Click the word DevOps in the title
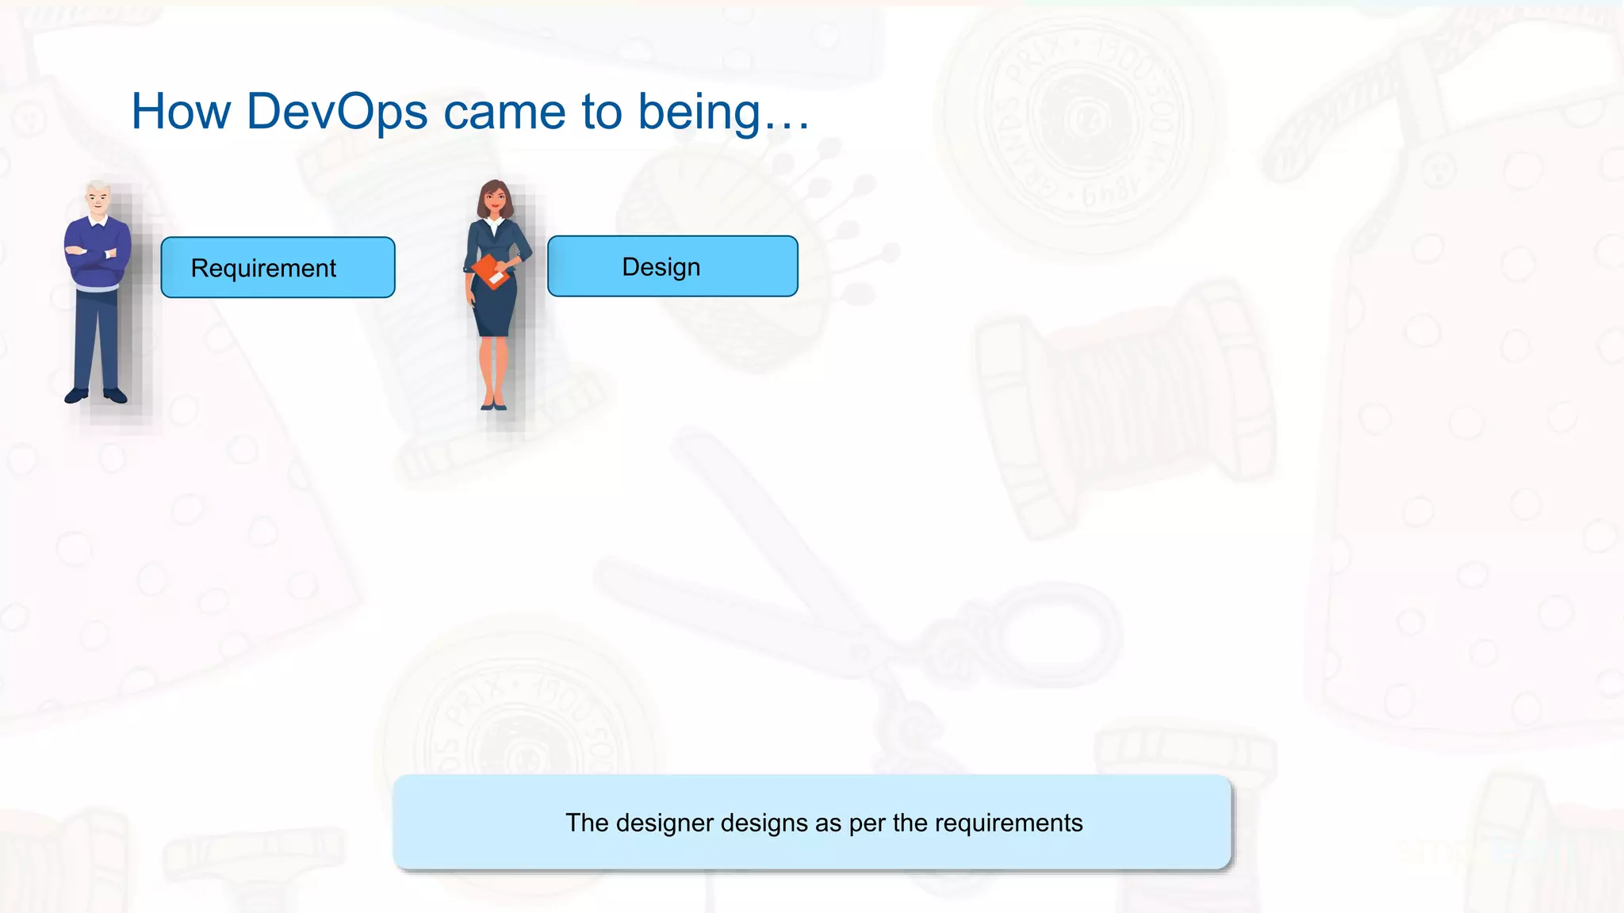[x=337, y=111]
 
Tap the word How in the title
[x=181, y=111]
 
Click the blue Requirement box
[x=278, y=268]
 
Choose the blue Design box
[x=672, y=266]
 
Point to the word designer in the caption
[x=665, y=823]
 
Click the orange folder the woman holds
[x=492, y=272]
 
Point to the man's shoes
[x=96, y=395]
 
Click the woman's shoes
[x=493, y=405]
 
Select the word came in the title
[x=504, y=111]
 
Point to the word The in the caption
[x=587, y=823]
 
